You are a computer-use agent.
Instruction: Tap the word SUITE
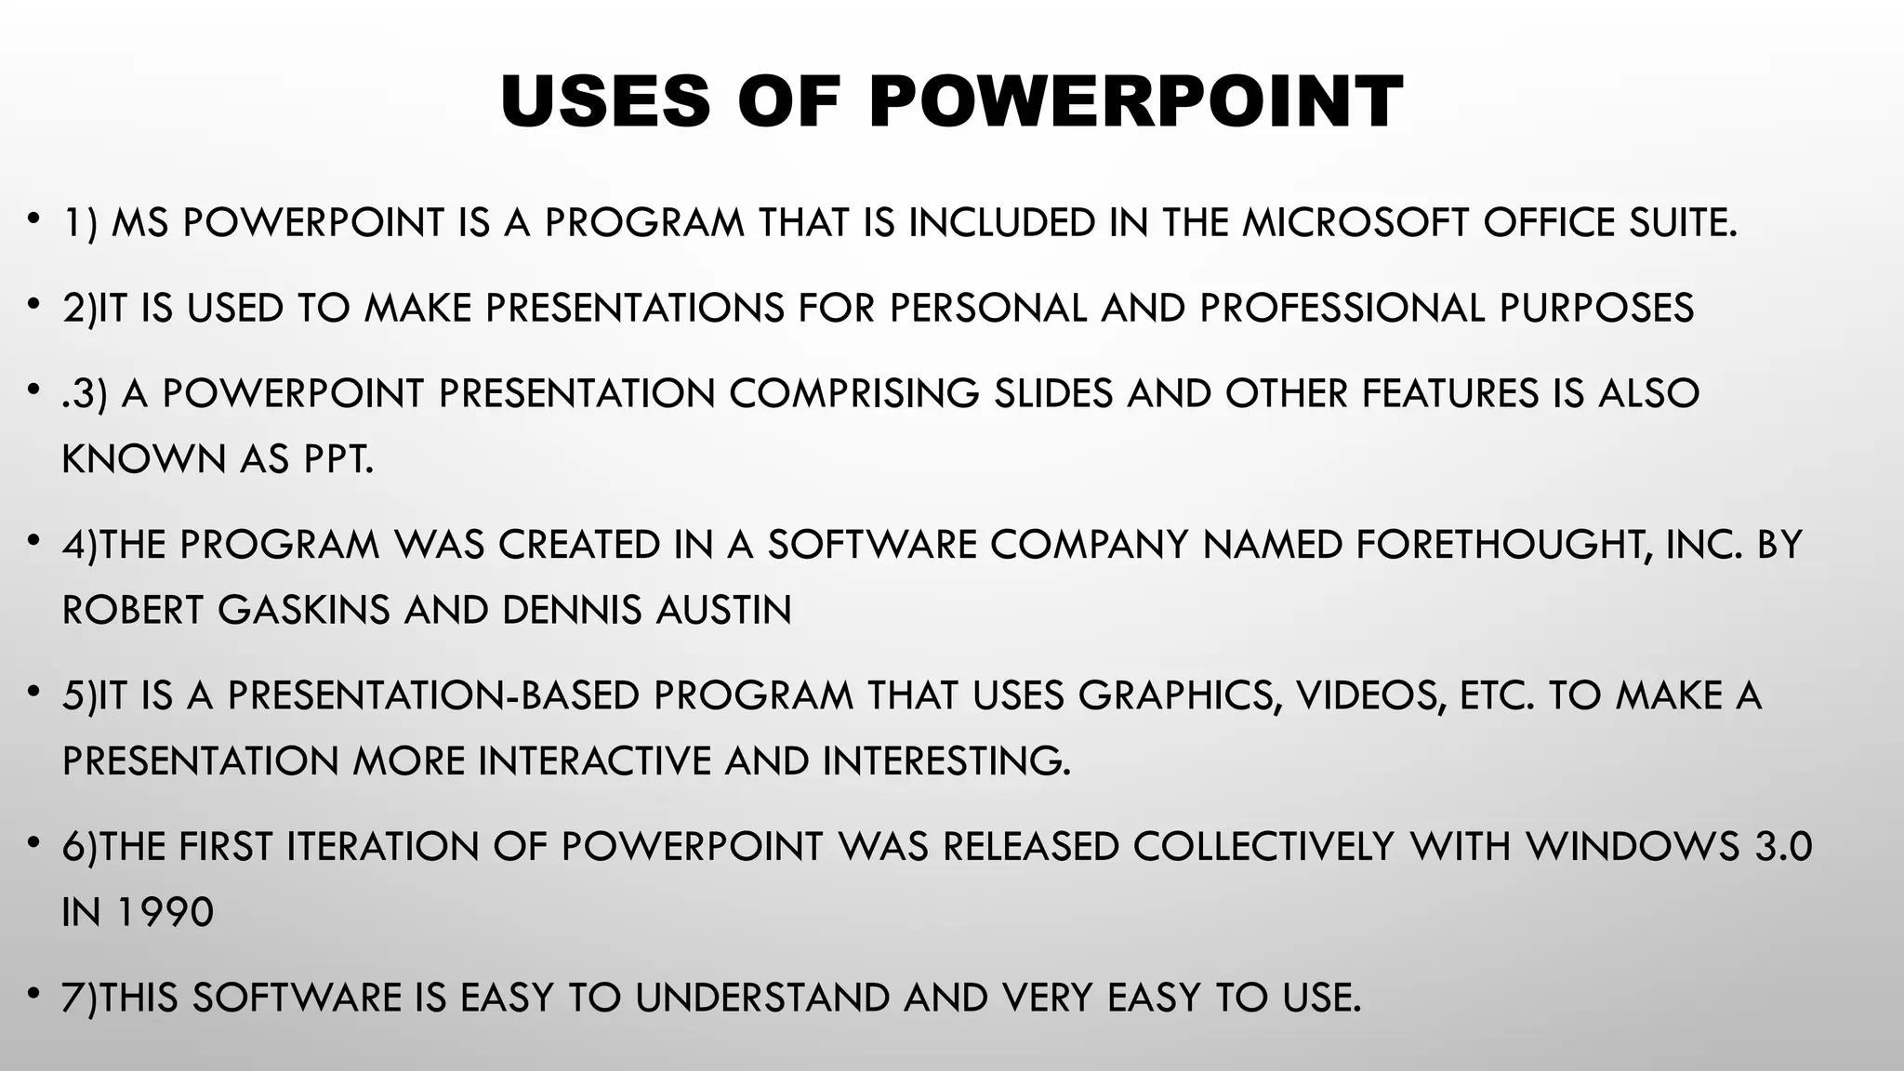click(1683, 223)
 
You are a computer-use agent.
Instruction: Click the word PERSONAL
click(987, 309)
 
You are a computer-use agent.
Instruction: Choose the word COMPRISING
click(853, 394)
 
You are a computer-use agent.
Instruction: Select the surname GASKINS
click(304, 611)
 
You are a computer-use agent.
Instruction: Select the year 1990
click(165, 913)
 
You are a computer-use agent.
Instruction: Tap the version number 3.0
click(1782, 847)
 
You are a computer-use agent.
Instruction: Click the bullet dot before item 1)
click(33, 220)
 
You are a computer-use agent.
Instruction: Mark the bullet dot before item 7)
click(33, 996)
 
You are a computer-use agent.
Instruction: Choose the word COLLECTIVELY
click(1264, 847)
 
